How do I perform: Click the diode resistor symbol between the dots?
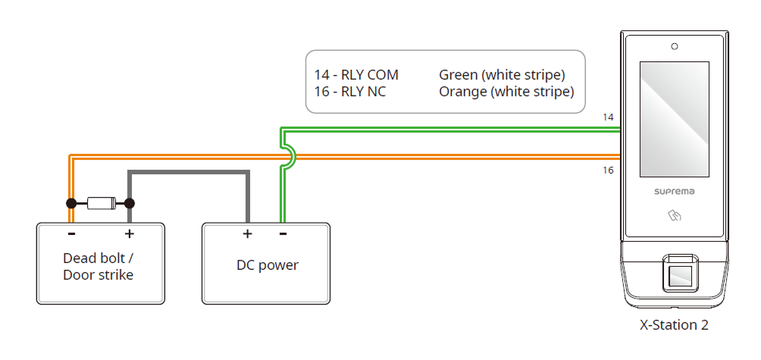(x=100, y=203)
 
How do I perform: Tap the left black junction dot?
(x=70, y=203)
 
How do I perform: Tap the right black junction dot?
(x=130, y=203)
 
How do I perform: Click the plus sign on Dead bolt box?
(x=130, y=233)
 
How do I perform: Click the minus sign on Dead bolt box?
(x=70, y=233)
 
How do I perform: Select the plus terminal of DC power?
(x=247, y=234)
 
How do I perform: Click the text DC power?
(x=268, y=265)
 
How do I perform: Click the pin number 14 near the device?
(x=608, y=117)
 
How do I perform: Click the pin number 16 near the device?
(x=608, y=171)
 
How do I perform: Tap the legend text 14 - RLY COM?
(x=356, y=75)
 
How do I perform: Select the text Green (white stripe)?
(x=502, y=75)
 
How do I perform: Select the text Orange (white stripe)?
(x=506, y=92)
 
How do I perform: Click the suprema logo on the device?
(x=674, y=192)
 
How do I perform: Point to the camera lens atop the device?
(x=674, y=47)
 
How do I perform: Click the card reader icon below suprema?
(x=674, y=217)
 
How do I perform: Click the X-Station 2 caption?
(x=674, y=325)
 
